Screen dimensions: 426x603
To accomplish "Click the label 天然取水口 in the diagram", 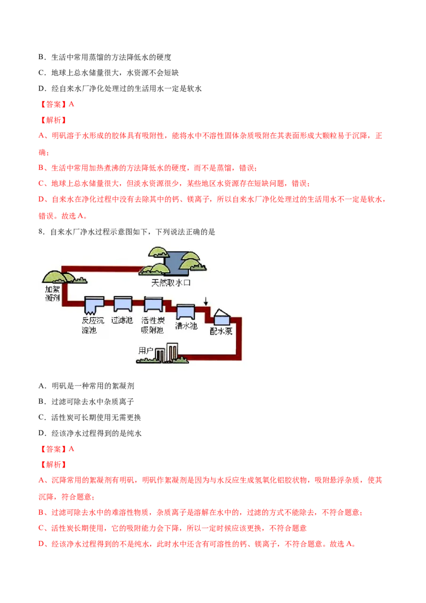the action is click(x=171, y=283).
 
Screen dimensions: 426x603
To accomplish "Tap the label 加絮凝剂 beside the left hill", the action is click(x=53, y=293).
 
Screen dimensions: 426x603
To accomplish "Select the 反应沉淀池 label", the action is click(x=93, y=325).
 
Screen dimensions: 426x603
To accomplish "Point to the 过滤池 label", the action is click(x=122, y=320).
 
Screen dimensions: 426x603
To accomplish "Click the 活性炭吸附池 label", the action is click(x=153, y=325).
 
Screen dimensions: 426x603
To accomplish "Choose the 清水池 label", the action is click(x=186, y=325).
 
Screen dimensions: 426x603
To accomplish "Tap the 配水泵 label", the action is click(x=221, y=331).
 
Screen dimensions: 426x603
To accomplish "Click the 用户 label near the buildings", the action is click(x=146, y=351).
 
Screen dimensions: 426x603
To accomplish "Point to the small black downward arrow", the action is click(x=206, y=301).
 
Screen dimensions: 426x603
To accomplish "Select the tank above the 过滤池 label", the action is click(x=123, y=304).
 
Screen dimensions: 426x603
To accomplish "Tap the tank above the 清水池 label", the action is click(x=186, y=312).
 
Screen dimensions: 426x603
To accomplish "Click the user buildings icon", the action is click(x=167, y=353).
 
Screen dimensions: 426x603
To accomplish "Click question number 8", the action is click(x=42, y=232).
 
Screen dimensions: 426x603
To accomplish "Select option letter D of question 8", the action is click(x=42, y=433).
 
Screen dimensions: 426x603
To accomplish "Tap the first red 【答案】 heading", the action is click(x=53, y=104).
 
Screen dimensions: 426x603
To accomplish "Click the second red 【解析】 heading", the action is click(x=53, y=465).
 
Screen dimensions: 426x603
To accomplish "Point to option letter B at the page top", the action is click(x=42, y=57).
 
